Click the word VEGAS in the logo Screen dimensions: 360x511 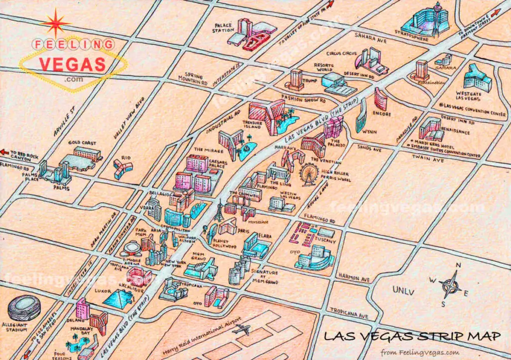coord(72,64)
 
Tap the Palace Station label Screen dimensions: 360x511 coord(224,27)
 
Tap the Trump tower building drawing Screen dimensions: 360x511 coord(296,78)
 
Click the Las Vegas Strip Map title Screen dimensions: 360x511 coord(412,336)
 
